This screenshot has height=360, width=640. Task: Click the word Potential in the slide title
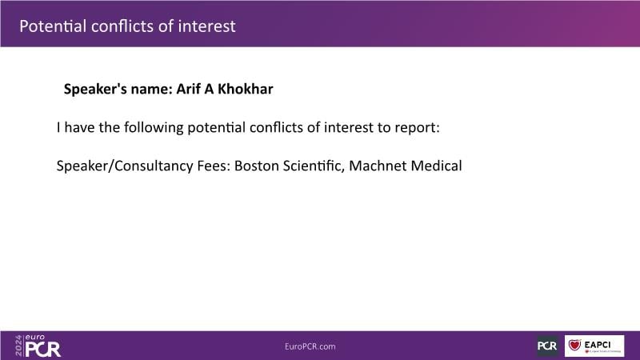[53, 26]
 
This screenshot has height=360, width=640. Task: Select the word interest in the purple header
[206, 26]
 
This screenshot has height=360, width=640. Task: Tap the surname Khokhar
[246, 89]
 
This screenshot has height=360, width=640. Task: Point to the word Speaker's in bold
[95, 89]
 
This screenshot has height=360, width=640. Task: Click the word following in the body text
[154, 128]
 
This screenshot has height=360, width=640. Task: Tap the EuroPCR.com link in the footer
[310, 346]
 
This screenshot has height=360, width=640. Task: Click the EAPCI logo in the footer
[594, 346]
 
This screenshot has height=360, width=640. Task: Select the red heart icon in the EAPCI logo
[574, 346]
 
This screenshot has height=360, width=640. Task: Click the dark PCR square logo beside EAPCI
[547, 346]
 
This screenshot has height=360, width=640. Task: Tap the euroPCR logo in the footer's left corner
[38, 346]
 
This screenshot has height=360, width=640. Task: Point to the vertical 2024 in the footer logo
[18, 346]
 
